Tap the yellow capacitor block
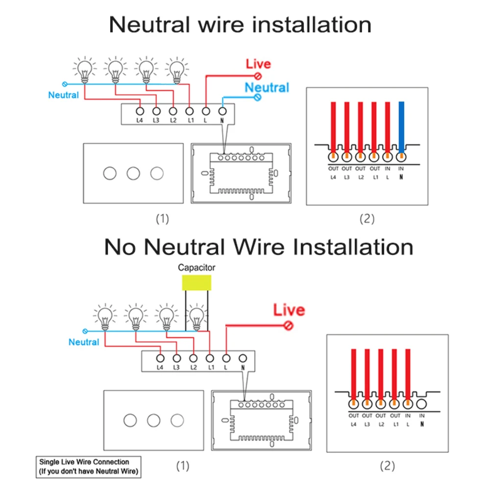coord(196,283)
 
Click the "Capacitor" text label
coord(196,268)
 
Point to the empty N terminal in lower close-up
coord(421,404)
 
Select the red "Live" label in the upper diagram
coord(258,64)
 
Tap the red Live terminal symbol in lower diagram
coord(289,325)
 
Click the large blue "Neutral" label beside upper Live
coord(267,88)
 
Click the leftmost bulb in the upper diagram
coord(85,70)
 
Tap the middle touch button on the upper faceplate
coord(133,173)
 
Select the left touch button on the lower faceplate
coord(130,420)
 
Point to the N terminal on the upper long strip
coord(222,111)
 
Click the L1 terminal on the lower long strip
coord(210,358)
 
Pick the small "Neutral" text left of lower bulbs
coord(84,342)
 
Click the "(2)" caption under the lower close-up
coord(387,466)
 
